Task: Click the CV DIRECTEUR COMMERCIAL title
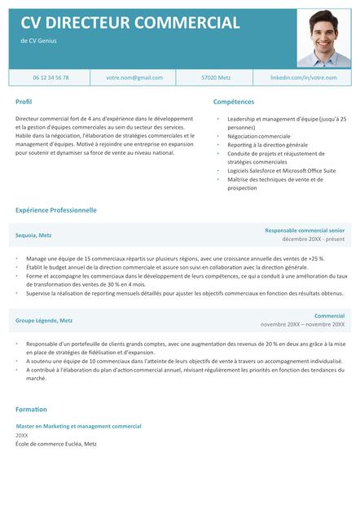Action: click(x=130, y=23)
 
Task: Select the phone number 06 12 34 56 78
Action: click(x=50, y=77)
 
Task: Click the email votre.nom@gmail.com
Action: click(x=134, y=77)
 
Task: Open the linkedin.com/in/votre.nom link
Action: click(x=302, y=77)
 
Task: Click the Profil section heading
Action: click(x=24, y=102)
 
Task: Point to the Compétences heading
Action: click(x=233, y=102)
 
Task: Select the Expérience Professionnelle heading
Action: click(x=55, y=210)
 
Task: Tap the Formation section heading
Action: click(x=31, y=409)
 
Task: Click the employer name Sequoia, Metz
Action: click(x=33, y=235)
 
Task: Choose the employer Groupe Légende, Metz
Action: click(x=44, y=320)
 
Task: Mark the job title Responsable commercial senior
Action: click(x=304, y=230)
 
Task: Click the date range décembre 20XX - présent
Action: click(x=313, y=240)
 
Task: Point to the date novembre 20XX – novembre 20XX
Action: click(x=302, y=325)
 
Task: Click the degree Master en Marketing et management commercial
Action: click(x=78, y=426)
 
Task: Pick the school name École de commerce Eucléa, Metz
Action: click(x=55, y=445)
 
